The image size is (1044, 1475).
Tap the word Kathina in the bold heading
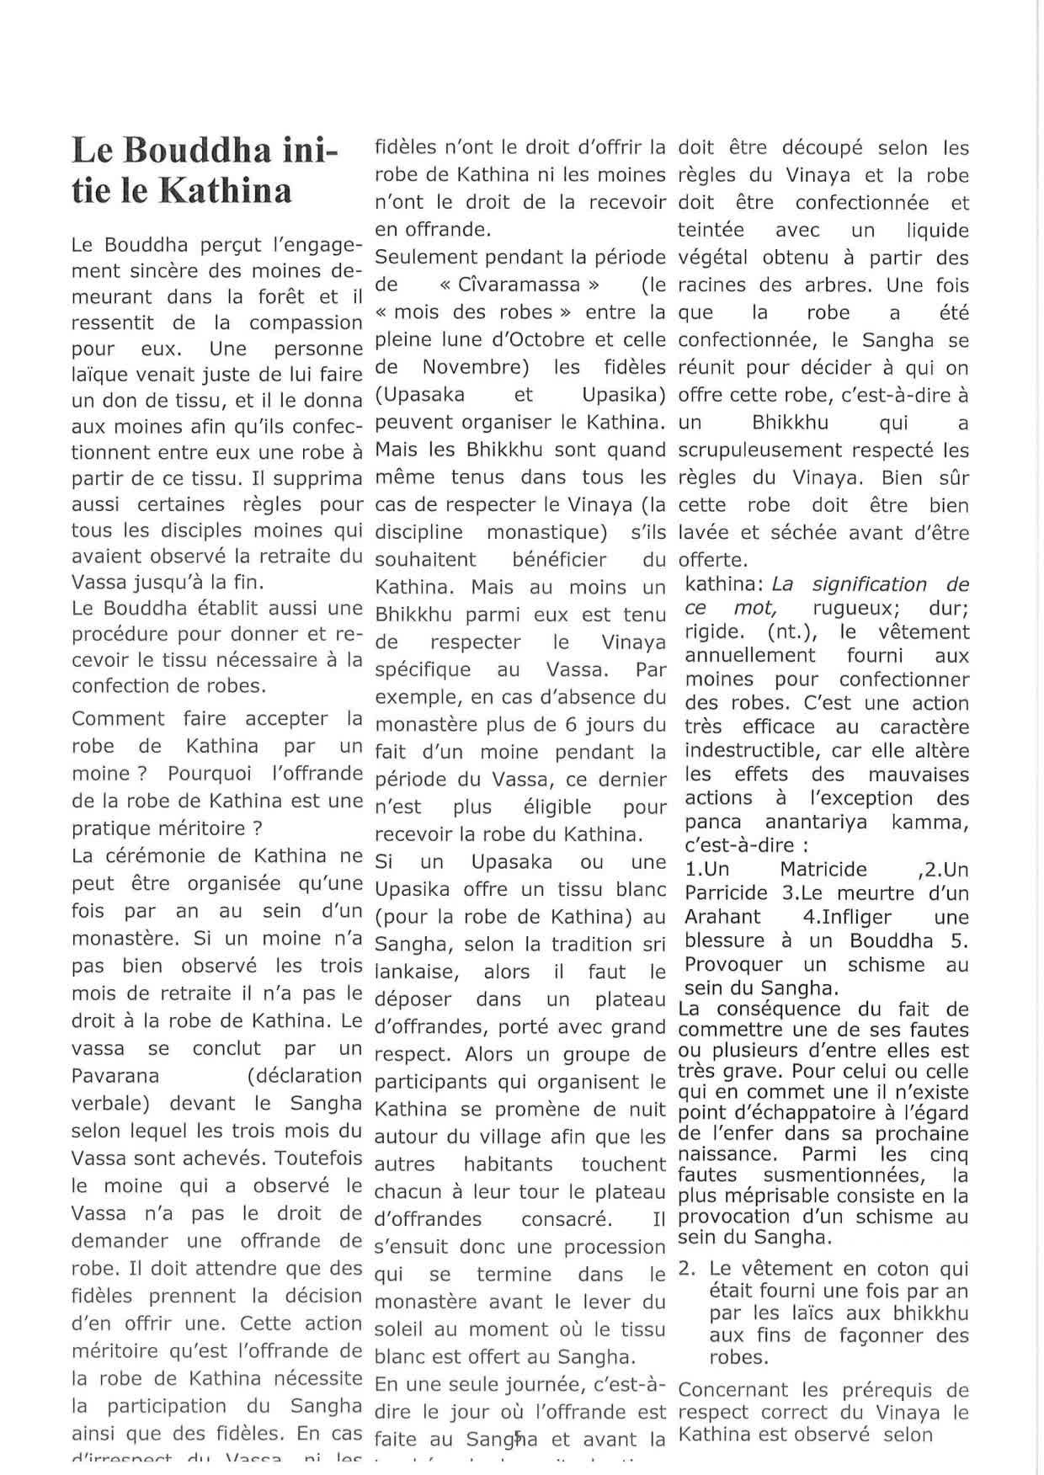coord(226,191)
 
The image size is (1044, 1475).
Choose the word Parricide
coord(726,892)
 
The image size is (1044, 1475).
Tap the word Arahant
coord(722,917)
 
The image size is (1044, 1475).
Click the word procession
coord(615,1247)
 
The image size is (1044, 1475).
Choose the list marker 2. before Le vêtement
coord(685,1269)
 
